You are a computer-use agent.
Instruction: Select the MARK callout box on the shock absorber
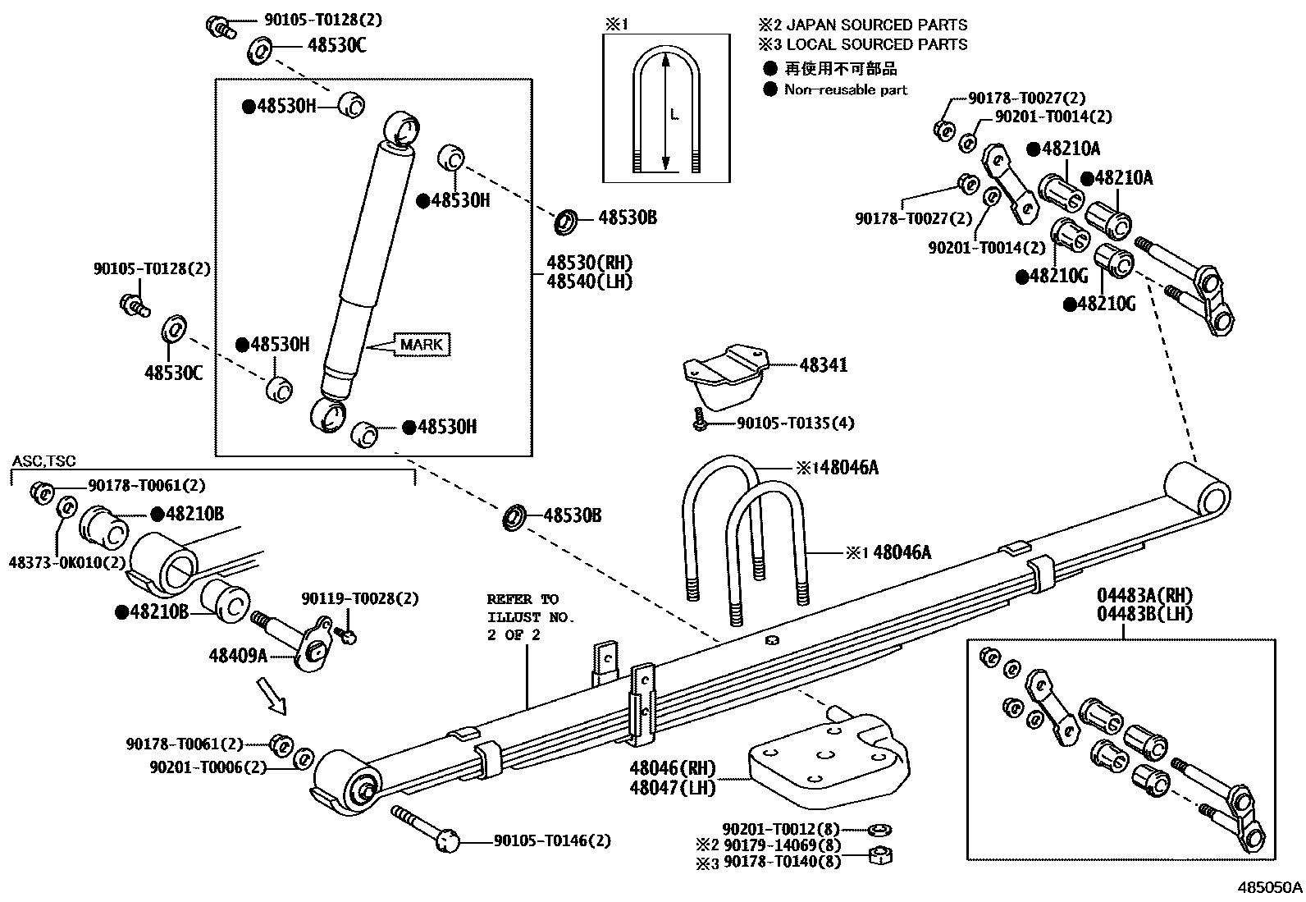(x=422, y=345)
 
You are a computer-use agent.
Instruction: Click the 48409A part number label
(x=238, y=655)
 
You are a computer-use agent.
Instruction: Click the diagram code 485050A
(x=1269, y=887)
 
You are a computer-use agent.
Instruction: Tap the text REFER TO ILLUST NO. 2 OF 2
(x=530, y=617)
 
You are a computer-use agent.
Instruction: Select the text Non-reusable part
(x=845, y=90)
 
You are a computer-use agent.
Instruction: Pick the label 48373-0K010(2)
(x=67, y=562)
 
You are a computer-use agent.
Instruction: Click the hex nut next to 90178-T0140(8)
(x=880, y=857)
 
